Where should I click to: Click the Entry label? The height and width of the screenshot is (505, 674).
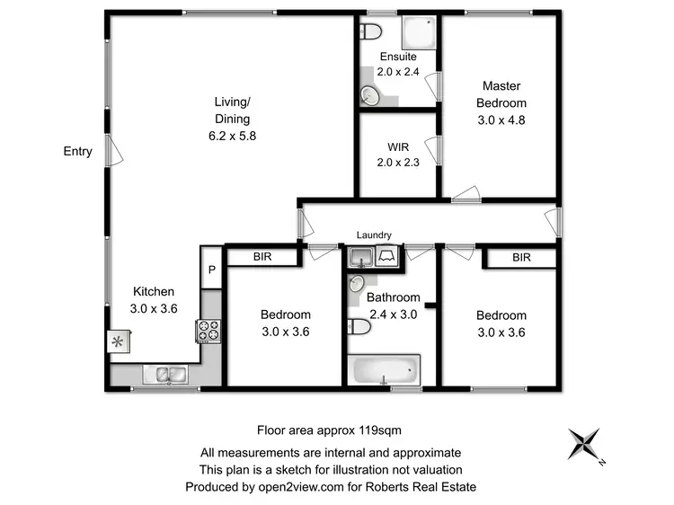pos(77,151)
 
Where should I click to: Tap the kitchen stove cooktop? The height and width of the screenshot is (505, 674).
pos(208,332)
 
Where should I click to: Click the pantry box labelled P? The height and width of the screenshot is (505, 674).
pos(211,270)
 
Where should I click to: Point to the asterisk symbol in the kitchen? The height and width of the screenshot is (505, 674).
pos(118,341)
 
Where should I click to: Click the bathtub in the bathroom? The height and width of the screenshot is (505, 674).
pos(384,369)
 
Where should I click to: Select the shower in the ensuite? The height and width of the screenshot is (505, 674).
pos(418,34)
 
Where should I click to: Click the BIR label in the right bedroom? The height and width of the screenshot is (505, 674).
pos(521,258)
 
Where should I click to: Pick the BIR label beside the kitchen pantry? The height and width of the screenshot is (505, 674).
pos(262,258)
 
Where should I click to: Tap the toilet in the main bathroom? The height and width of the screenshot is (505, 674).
pos(358,327)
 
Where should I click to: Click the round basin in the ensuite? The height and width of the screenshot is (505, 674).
pos(369,94)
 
